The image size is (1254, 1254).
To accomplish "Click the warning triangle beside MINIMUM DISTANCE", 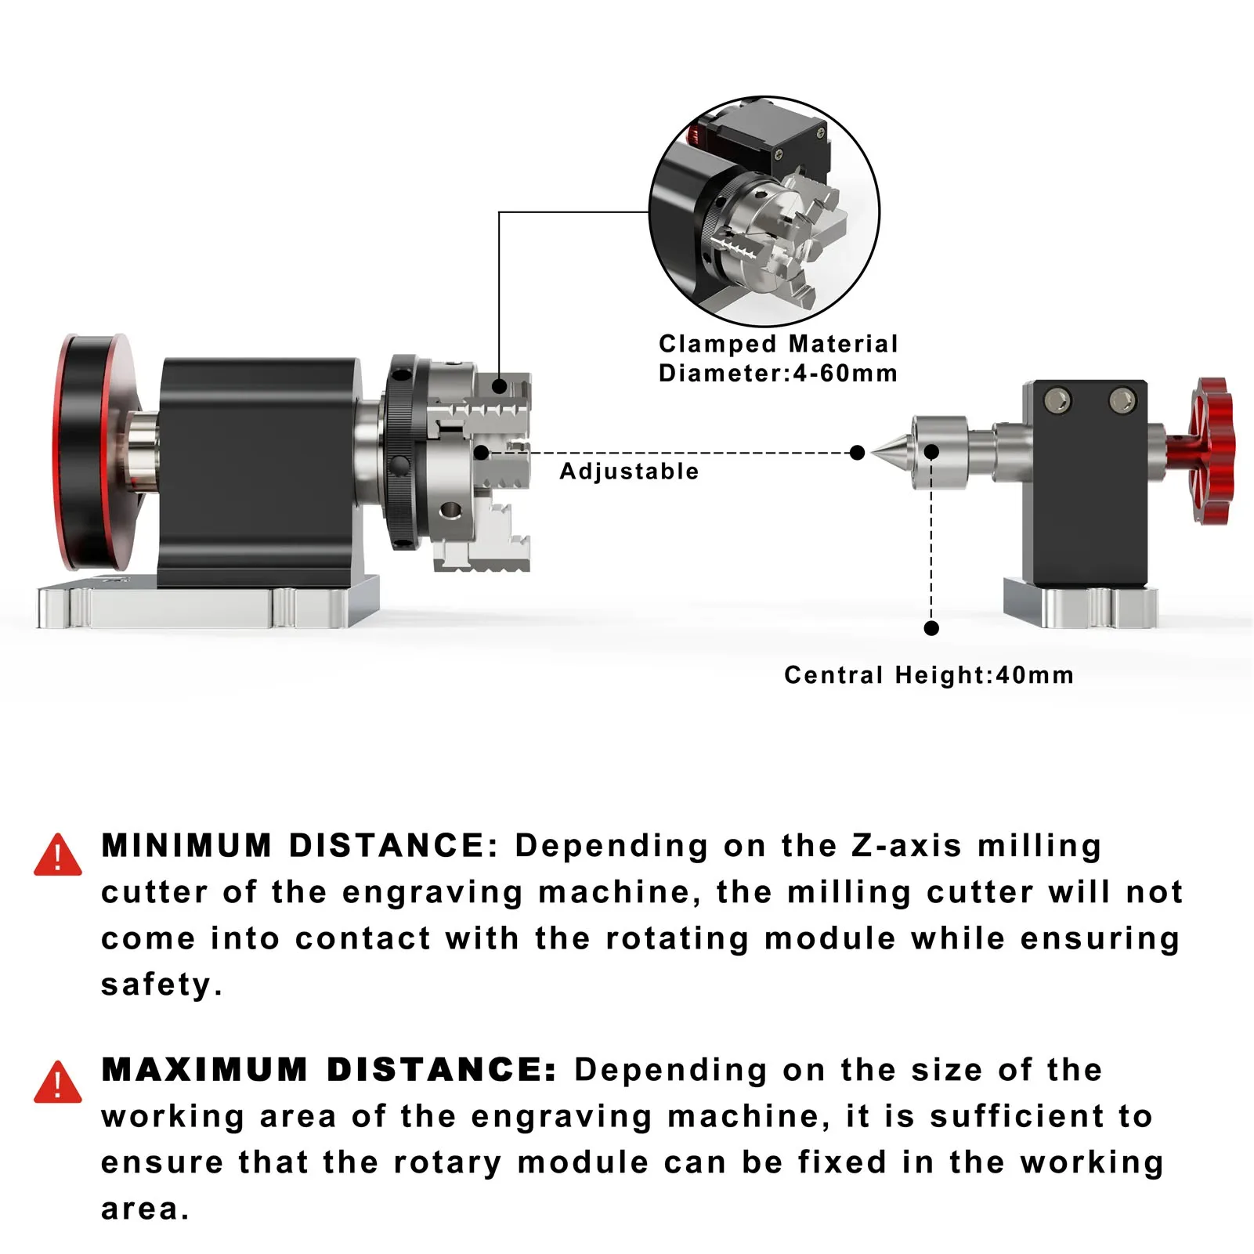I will coord(57,855).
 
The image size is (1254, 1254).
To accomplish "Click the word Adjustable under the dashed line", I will coord(629,472).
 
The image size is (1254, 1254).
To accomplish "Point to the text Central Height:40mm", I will coord(928,675).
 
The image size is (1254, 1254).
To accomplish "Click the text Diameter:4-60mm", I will coord(778,373).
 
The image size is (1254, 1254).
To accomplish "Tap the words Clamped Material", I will coord(778,344).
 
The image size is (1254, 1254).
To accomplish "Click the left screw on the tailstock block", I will coord(1059,400).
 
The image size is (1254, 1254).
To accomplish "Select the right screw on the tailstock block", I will coord(1122,400).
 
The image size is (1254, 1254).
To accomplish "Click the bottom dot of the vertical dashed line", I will coord(931,628).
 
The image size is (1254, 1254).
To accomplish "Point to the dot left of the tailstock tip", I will coord(857,453).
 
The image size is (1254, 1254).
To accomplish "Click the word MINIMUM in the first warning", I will coord(186,846).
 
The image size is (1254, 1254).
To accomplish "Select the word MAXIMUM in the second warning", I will coord(204,1070).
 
